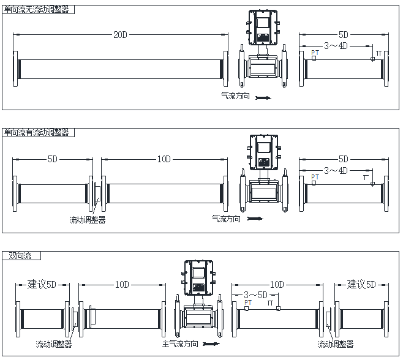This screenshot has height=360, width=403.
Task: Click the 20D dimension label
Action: coord(120,34)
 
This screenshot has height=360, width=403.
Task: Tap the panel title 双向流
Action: coord(20,255)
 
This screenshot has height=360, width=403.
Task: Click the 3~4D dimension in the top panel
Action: coord(336,46)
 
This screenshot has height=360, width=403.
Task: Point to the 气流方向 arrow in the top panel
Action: coord(263,97)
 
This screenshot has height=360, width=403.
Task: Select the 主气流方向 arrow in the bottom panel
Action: coord(211,345)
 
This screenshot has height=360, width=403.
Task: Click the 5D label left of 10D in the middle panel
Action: coord(53,159)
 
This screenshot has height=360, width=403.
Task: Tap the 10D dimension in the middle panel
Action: coord(164,159)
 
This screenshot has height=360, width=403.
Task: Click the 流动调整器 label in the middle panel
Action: coord(88,219)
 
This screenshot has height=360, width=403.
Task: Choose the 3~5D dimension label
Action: coord(254,294)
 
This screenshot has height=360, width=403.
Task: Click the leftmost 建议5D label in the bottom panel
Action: coord(42,285)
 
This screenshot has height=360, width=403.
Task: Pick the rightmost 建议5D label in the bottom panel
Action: coord(361,285)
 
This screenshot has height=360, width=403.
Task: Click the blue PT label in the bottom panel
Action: coord(247,302)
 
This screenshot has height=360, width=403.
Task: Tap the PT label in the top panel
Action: coord(315,53)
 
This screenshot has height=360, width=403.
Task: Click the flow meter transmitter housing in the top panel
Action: coord(263,29)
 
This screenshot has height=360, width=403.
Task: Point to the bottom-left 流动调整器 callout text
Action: coord(53,345)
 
